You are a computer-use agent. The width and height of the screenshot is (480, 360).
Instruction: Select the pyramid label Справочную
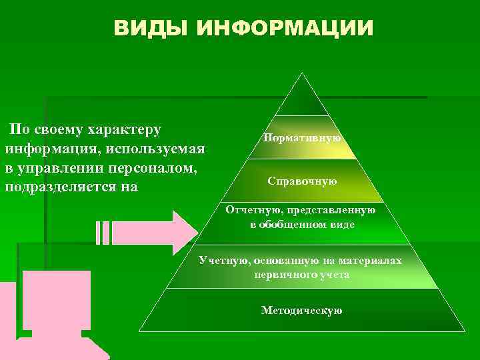[302, 181]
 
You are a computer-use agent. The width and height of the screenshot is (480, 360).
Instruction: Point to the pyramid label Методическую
[302, 310]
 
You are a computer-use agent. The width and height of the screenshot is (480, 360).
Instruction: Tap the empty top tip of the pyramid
[302, 100]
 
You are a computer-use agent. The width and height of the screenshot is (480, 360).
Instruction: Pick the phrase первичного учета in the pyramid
[302, 274]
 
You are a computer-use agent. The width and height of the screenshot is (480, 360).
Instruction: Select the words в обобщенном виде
[302, 225]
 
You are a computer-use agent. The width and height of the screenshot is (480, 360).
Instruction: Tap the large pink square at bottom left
[56, 300]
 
